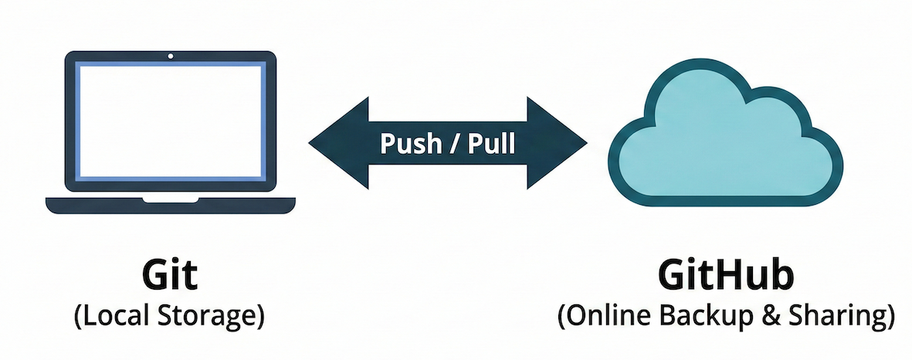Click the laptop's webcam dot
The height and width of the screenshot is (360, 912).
coord(170,56)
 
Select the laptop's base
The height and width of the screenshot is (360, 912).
coord(170,205)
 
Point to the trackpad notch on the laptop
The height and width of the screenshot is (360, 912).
coord(170,199)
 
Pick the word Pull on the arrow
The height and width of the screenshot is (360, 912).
coord(491,144)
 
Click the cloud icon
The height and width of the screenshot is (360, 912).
coord(726,139)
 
